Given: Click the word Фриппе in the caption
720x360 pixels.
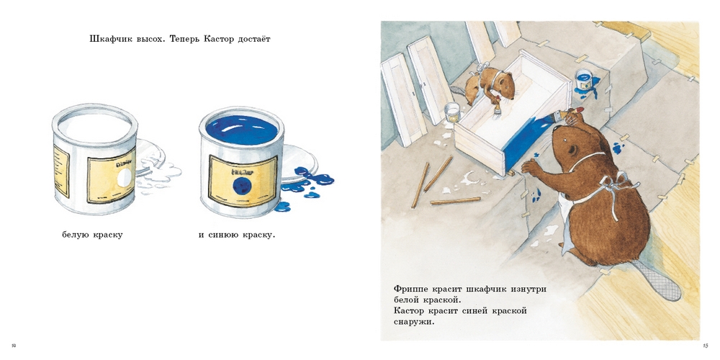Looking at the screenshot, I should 412,289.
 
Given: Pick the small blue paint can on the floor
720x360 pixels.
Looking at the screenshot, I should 583,79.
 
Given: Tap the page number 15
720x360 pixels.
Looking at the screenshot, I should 705,345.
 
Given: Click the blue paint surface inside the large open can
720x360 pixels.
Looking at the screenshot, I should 241,129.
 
